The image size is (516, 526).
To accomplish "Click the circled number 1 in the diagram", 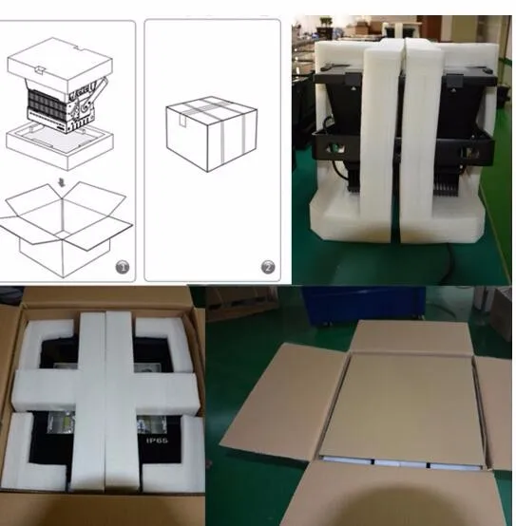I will click(x=122, y=267).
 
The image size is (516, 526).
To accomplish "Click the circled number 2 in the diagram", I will click(x=268, y=267).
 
